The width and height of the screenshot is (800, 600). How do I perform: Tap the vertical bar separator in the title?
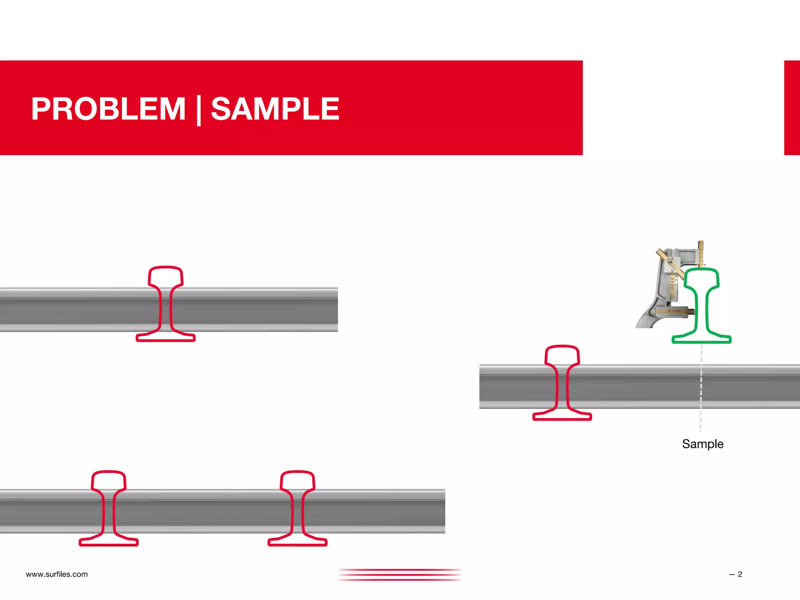(x=199, y=110)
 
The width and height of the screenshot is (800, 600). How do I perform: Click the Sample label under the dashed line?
(x=702, y=444)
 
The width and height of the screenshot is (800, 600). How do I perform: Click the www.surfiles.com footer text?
(x=57, y=574)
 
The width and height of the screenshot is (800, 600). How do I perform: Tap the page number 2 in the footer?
(x=739, y=574)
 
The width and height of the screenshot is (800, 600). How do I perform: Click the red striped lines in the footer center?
(x=400, y=575)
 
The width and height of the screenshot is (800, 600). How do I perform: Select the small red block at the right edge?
(x=792, y=107)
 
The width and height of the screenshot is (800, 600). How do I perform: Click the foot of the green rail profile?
(x=701, y=339)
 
